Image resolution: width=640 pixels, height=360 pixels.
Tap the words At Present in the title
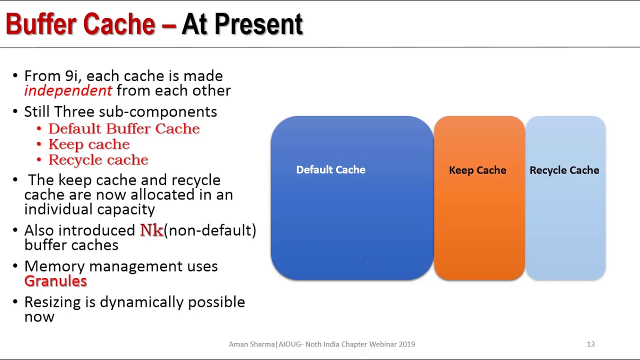point(242,24)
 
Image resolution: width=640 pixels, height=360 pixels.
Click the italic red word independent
point(68,90)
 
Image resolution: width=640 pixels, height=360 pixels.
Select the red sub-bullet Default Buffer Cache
point(124,128)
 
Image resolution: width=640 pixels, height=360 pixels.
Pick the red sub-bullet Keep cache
point(89,144)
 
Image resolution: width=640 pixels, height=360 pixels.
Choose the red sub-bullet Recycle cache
point(98,160)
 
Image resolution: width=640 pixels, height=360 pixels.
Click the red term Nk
point(151,230)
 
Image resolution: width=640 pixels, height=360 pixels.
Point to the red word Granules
point(55,281)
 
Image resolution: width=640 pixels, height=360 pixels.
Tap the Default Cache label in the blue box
point(330,170)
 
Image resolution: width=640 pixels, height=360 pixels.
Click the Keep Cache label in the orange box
point(477,170)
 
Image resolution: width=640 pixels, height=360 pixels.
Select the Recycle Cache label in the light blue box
point(564,170)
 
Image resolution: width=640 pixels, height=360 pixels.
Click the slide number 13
point(590,344)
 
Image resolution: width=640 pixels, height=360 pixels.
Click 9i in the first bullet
point(72,76)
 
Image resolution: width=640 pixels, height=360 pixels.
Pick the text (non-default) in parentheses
point(210,230)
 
